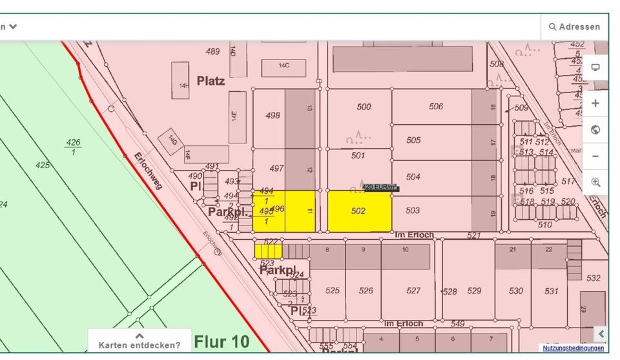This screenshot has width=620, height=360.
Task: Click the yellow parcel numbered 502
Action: click(x=359, y=211)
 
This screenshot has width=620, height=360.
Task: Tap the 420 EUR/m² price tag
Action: click(x=380, y=187)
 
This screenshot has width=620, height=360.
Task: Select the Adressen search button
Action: click(x=574, y=27)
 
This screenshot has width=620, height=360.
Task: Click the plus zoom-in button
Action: click(x=595, y=103)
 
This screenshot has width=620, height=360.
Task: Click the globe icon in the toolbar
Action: click(x=595, y=130)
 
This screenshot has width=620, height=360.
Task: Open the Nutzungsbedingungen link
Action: click(x=573, y=348)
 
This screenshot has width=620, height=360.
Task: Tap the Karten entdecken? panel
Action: click(x=139, y=341)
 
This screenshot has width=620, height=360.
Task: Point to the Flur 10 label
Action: click(x=222, y=341)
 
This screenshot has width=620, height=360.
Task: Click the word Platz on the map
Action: click(x=211, y=81)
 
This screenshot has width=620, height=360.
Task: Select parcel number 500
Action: click(x=364, y=107)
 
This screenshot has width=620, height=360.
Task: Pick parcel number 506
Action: click(x=436, y=107)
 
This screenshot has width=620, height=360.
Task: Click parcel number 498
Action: click(x=273, y=116)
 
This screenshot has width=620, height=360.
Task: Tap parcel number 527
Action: click(x=413, y=291)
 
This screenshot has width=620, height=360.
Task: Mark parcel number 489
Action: click(x=212, y=52)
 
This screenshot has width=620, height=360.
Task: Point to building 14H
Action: click(x=183, y=85)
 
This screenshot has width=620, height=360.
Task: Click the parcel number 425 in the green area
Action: click(x=43, y=165)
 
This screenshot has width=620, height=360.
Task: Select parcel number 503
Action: click(x=413, y=211)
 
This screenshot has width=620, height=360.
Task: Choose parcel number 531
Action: click(x=551, y=291)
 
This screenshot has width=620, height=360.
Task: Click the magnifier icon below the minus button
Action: click(x=595, y=183)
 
